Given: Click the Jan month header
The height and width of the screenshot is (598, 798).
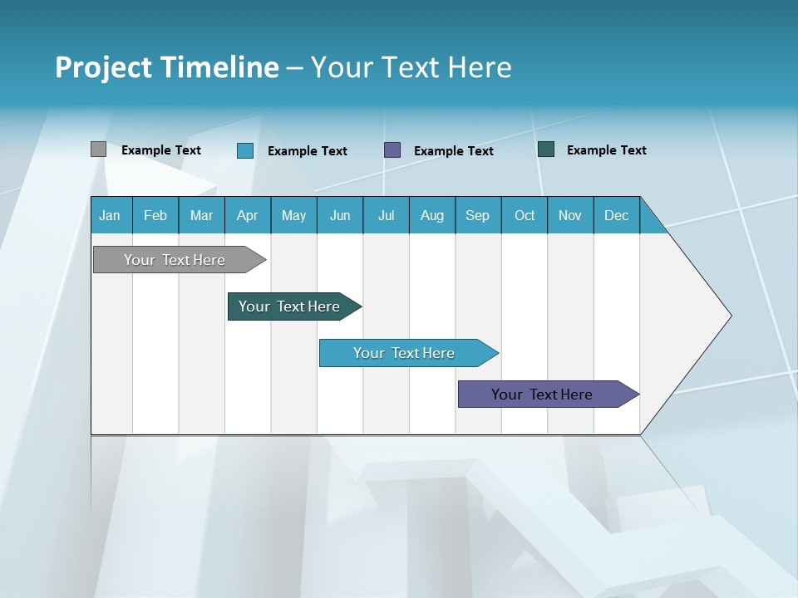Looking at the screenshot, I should point(110,215).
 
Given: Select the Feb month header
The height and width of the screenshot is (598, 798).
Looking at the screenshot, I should point(155,215).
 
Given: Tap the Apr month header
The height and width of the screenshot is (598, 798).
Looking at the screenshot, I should point(247,215).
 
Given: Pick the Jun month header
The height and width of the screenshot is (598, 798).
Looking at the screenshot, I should point(340,215).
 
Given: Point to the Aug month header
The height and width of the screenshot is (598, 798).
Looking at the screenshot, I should point(432,215).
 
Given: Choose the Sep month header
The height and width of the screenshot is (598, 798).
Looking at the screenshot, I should point(478,215).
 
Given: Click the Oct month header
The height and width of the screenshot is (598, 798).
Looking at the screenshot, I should point(525,215).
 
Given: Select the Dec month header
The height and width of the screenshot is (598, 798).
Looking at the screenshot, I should point(617,215).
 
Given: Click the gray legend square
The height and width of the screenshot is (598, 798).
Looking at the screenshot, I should point(98,149).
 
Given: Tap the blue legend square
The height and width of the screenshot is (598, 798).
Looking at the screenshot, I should point(245,150).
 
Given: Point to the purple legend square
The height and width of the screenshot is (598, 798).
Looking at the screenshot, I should point(392,149).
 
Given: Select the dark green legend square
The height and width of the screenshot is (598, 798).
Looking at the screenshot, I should point(546,149).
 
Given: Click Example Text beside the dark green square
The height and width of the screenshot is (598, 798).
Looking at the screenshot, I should point(606,150).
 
